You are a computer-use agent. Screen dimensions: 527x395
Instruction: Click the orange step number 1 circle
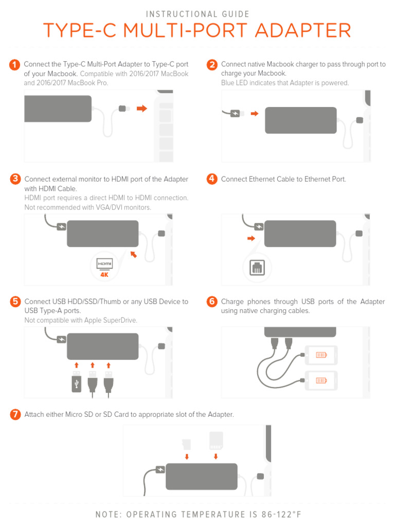coord(15,65)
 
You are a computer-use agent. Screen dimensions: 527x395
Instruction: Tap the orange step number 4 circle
coord(212,179)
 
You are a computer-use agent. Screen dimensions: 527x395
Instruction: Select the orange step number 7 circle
coord(15,414)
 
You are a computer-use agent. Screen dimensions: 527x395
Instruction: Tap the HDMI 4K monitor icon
coord(104,266)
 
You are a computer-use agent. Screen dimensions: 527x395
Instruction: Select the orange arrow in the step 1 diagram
coord(142,109)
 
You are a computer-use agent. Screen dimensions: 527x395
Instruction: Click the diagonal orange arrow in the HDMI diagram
coord(134,254)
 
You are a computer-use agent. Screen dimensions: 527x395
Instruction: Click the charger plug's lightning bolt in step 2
coord(236,113)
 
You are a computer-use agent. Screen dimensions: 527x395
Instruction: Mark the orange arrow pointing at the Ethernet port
coord(251,238)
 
